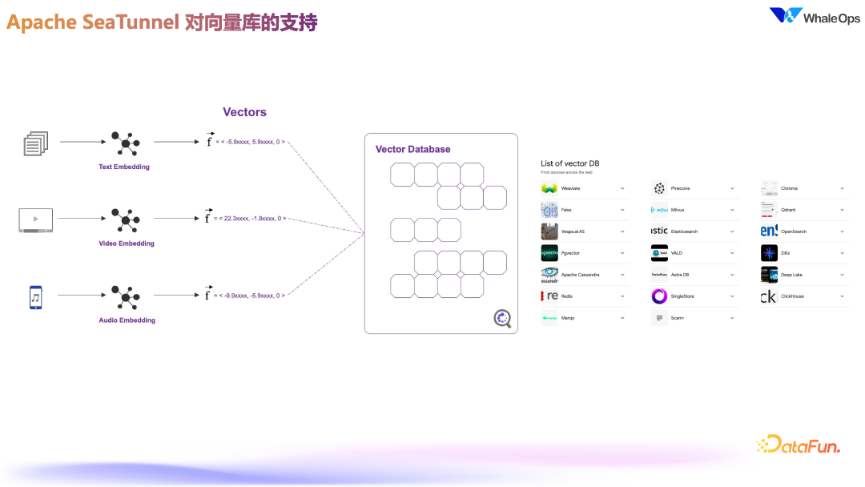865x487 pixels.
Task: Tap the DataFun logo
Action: pyautogui.click(x=798, y=445)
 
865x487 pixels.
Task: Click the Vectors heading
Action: pyautogui.click(x=244, y=112)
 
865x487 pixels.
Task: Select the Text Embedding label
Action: pyautogui.click(x=124, y=167)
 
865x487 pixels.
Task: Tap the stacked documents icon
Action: pyautogui.click(x=36, y=144)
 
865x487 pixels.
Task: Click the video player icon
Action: pyautogui.click(x=36, y=219)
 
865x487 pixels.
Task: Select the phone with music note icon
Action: pyautogui.click(x=35, y=296)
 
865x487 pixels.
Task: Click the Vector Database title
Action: pyautogui.click(x=412, y=149)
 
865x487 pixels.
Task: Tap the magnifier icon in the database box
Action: pyautogui.click(x=502, y=319)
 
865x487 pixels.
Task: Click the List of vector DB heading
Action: pyautogui.click(x=570, y=163)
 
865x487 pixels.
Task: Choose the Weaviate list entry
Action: pyautogui.click(x=571, y=188)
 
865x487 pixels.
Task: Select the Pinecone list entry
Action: pyautogui.click(x=681, y=188)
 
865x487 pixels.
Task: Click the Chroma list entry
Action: pyautogui.click(x=790, y=188)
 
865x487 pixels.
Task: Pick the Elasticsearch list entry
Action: pyautogui.click(x=684, y=231)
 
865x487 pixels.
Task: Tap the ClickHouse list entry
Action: pyautogui.click(x=792, y=296)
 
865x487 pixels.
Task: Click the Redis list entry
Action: pyautogui.click(x=567, y=296)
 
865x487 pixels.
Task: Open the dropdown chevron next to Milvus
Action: pyautogui.click(x=732, y=210)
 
